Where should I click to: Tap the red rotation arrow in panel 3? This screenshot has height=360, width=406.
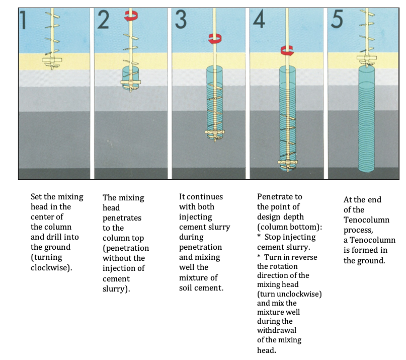pos(215,38)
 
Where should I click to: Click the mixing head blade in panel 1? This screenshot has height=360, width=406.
pos(52,61)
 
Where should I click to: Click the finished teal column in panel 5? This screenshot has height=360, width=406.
pos(373,121)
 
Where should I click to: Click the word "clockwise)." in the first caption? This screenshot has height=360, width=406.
pos(51,267)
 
